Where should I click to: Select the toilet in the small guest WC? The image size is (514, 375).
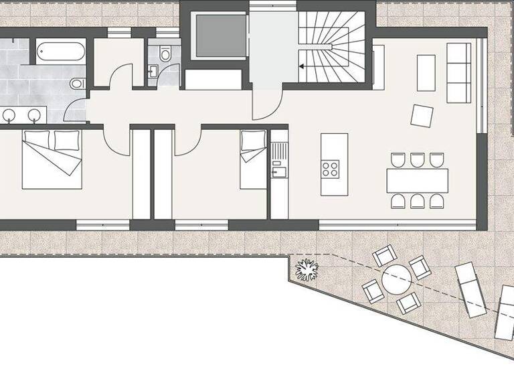click(166, 53)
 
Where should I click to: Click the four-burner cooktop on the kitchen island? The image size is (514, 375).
click(330, 168)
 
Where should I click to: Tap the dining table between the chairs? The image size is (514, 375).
click(417, 180)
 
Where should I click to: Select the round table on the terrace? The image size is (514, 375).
click(396, 279)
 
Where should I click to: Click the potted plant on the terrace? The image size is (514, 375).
click(307, 269)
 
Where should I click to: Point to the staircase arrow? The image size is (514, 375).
click(303, 66)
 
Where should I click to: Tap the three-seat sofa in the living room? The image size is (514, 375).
click(458, 72)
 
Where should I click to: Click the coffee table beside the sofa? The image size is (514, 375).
click(426, 72)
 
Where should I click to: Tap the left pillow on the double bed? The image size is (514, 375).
click(35, 140)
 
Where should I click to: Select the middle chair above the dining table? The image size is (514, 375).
click(417, 160)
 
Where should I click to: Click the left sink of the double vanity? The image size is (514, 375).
click(9, 115)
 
